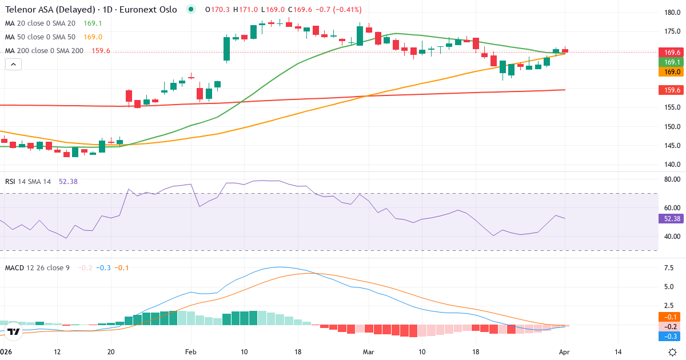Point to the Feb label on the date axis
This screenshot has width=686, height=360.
(x=191, y=352)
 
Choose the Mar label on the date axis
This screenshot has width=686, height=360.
(x=368, y=352)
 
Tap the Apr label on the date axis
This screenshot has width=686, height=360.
(x=564, y=352)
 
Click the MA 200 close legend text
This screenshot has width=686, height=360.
(x=45, y=51)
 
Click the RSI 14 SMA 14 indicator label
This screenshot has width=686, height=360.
(x=28, y=181)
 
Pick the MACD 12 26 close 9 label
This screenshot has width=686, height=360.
(x=37, y=267)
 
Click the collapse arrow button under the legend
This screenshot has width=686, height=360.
(x=13, y=65)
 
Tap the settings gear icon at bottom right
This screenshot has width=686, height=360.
(x=673, y=352)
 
